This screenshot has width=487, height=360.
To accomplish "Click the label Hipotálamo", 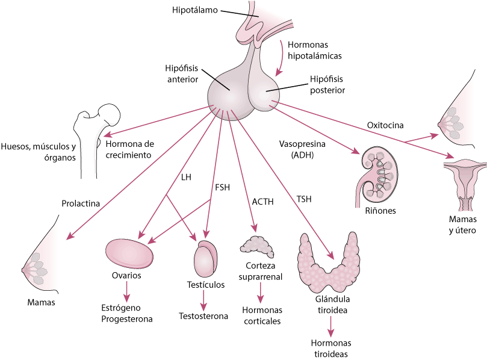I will coord(195,10).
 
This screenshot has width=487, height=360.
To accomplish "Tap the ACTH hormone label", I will coord(264,202).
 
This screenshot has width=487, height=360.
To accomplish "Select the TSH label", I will coord(304,199).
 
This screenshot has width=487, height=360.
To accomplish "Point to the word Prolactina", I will coord(81,203).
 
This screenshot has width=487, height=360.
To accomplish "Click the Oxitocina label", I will coord(385,125).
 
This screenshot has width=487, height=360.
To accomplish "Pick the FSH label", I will coord(222,187).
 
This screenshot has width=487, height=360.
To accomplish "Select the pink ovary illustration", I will coord(129,253).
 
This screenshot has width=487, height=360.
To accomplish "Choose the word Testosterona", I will coord(203,316).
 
